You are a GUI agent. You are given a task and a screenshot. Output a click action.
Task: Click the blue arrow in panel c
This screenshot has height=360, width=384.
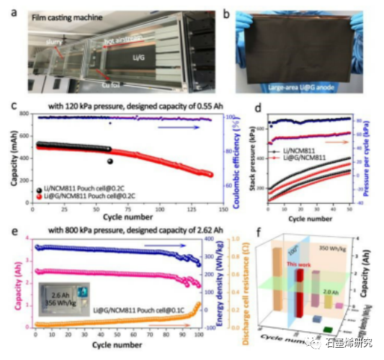click(177, 127)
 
